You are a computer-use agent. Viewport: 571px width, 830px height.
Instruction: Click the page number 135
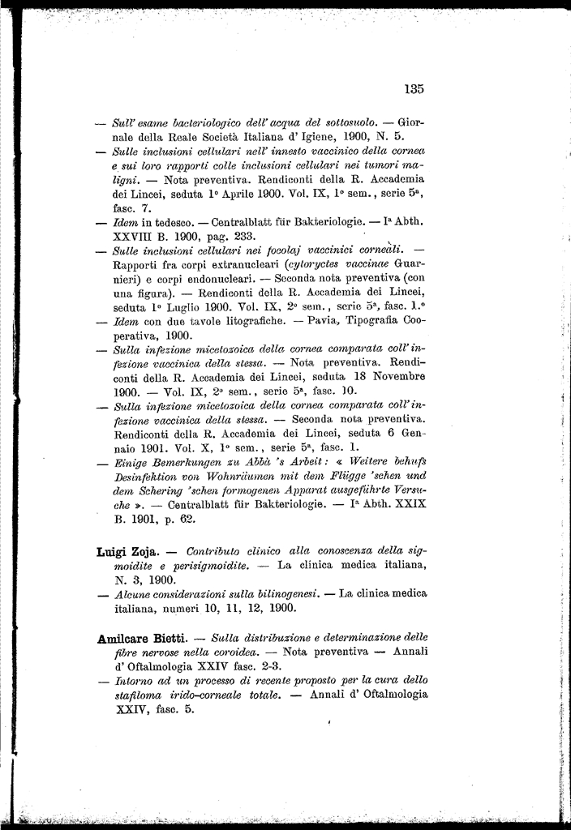tap(414, 89)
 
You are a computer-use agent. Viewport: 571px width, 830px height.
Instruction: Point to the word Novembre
tap(392, 377)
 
